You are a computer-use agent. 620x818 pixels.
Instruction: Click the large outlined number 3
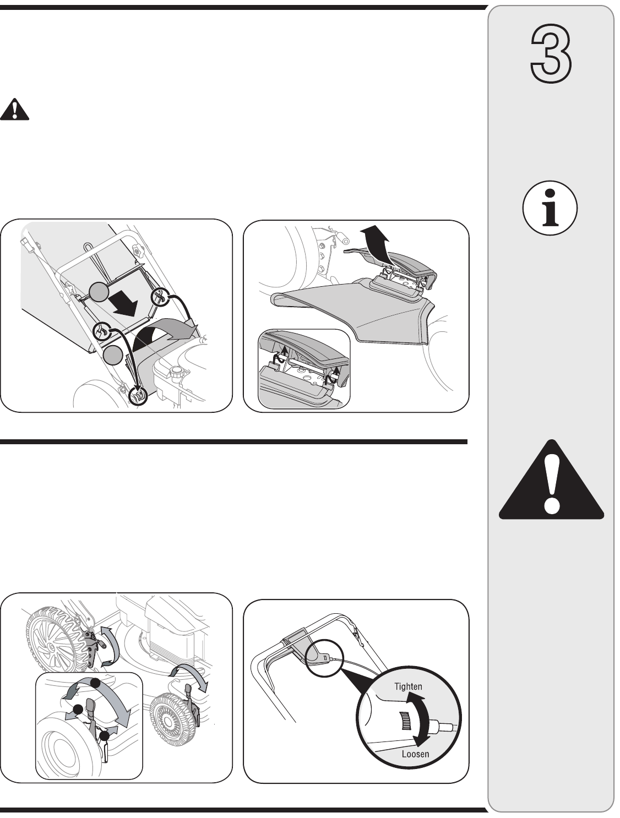(551, 54)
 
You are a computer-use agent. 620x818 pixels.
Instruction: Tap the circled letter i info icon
(550, 208)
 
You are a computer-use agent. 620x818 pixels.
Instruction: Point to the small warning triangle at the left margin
(14, 109)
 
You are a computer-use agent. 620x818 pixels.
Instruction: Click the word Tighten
(409, 686)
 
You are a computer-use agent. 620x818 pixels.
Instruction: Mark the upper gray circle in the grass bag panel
(99, 291)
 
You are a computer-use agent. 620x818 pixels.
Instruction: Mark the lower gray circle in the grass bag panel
(113, 355)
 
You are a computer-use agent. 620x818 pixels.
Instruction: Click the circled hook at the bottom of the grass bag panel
(138, 395)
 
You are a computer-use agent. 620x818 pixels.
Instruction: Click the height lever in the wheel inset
(92, 712)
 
